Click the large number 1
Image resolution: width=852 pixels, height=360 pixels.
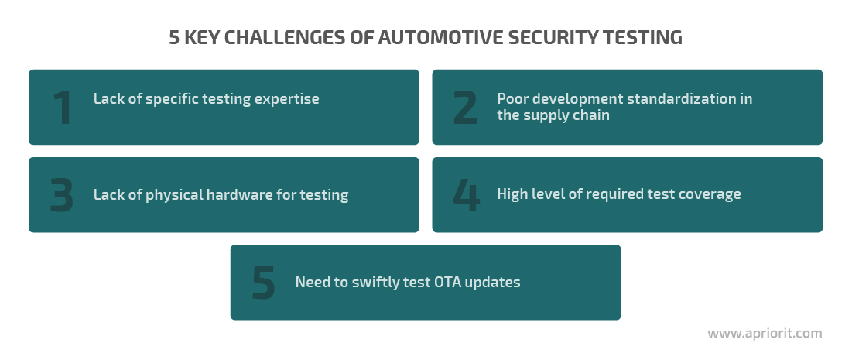[x=63, y=108]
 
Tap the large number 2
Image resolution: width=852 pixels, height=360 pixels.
[x=465, y=108]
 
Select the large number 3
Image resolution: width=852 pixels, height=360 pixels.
[x=61, y=195]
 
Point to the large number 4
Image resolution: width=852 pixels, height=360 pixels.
[x=466, y=195]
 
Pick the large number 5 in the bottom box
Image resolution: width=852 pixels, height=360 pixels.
[x=264, y=283]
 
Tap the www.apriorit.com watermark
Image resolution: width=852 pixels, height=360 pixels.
[x=765, y=334]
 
